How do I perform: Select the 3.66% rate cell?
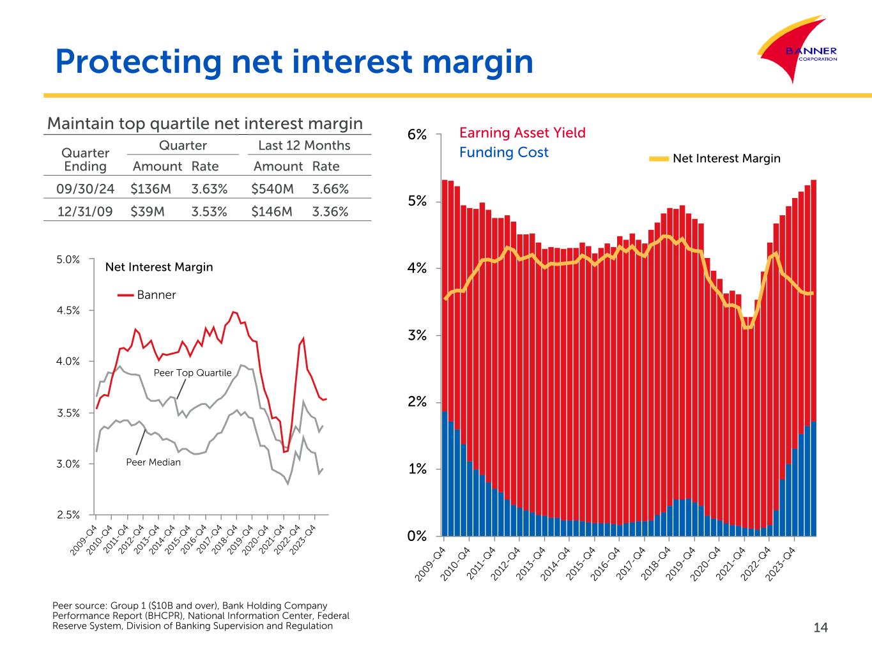pyautogui.click(x=330, y=188)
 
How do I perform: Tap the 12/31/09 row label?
pyautogui.click(x=85, y=211)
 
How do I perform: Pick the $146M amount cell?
pyautogui.click(x=272, y=211)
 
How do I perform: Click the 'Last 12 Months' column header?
pyautogui.click(x=304, y=146)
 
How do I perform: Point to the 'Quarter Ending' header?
pyautogui.click(x=85, y=160)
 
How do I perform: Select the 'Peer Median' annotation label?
pyautogui.click(x=153, y=462)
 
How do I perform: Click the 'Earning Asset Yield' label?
pyautogui.click(x=522, y=133)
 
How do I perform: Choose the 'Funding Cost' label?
pyautogui.click(x=503, y=152)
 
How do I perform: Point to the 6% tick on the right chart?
pyautogui.click(x=417, y=135)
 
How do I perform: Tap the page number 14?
pyautogui.click(x=820, y=628)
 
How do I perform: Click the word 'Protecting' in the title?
pyautogui.click(x=137, y=62)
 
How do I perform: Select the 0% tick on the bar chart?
pyautogui.click(x=417, y=536)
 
